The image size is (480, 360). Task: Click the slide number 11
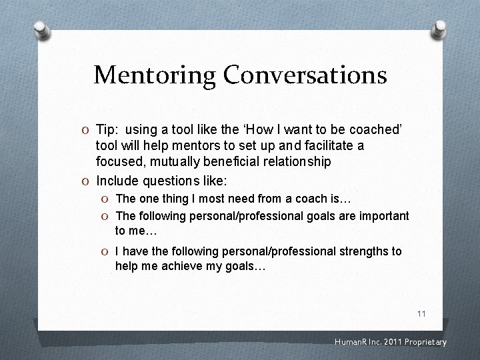click(x=421, y=313)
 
